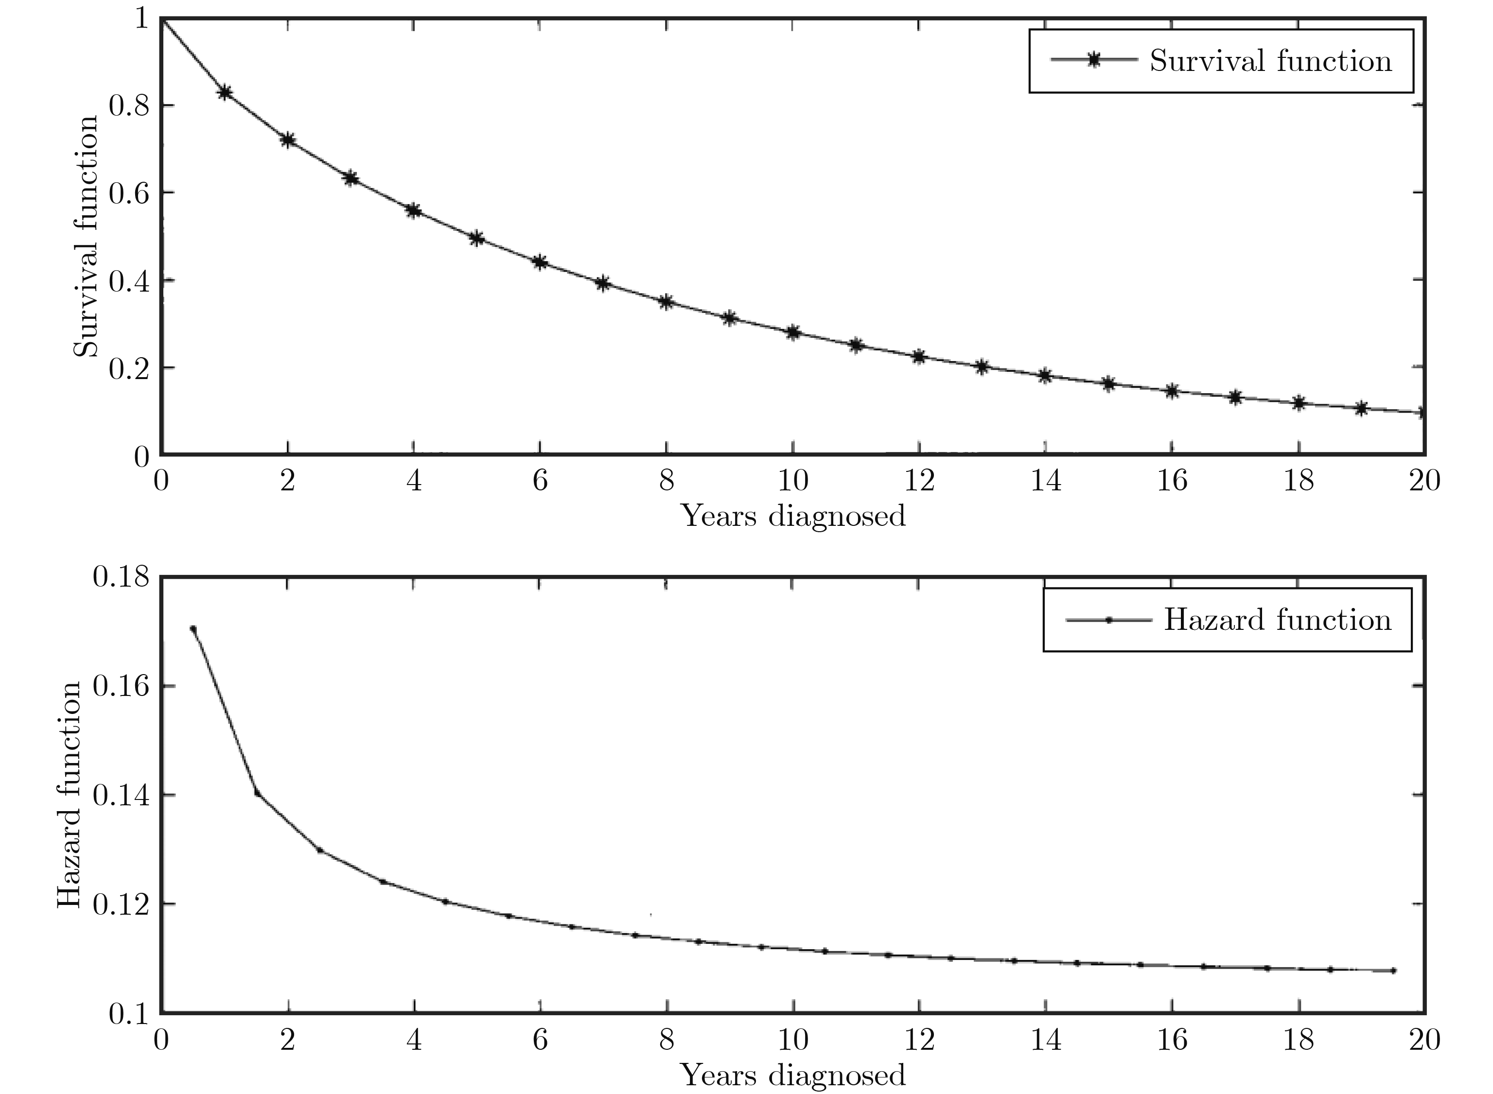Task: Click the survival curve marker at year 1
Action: tap(225, 92)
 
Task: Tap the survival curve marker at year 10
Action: tap(793, 332)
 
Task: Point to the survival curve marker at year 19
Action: tap(1361, 408)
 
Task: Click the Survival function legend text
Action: tap(1270, 61)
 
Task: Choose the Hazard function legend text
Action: tap(1278, 620)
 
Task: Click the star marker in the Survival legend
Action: tap(1093, 60)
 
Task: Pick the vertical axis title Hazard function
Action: tap(70, 795)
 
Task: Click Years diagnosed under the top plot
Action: tap(793, 515)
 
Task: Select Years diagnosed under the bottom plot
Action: tap(793, 1076)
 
